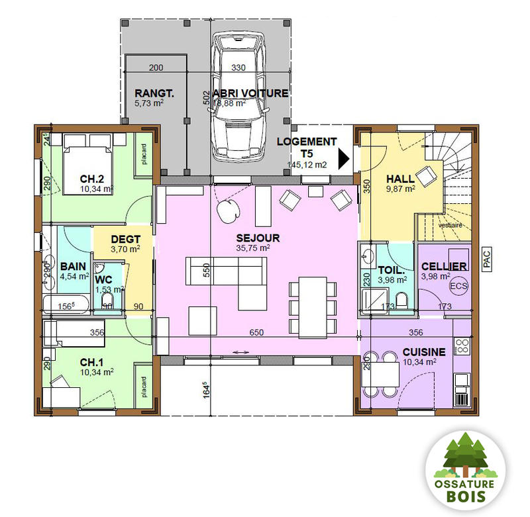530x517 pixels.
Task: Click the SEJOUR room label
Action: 258,238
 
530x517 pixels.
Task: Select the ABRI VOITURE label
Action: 250,93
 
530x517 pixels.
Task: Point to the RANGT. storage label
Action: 154,93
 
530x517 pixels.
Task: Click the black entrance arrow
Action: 343,160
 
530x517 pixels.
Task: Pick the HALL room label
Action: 400,179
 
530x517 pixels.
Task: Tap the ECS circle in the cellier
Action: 458,286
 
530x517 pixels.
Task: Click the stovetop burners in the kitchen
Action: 462,345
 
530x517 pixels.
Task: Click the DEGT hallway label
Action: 125,239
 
